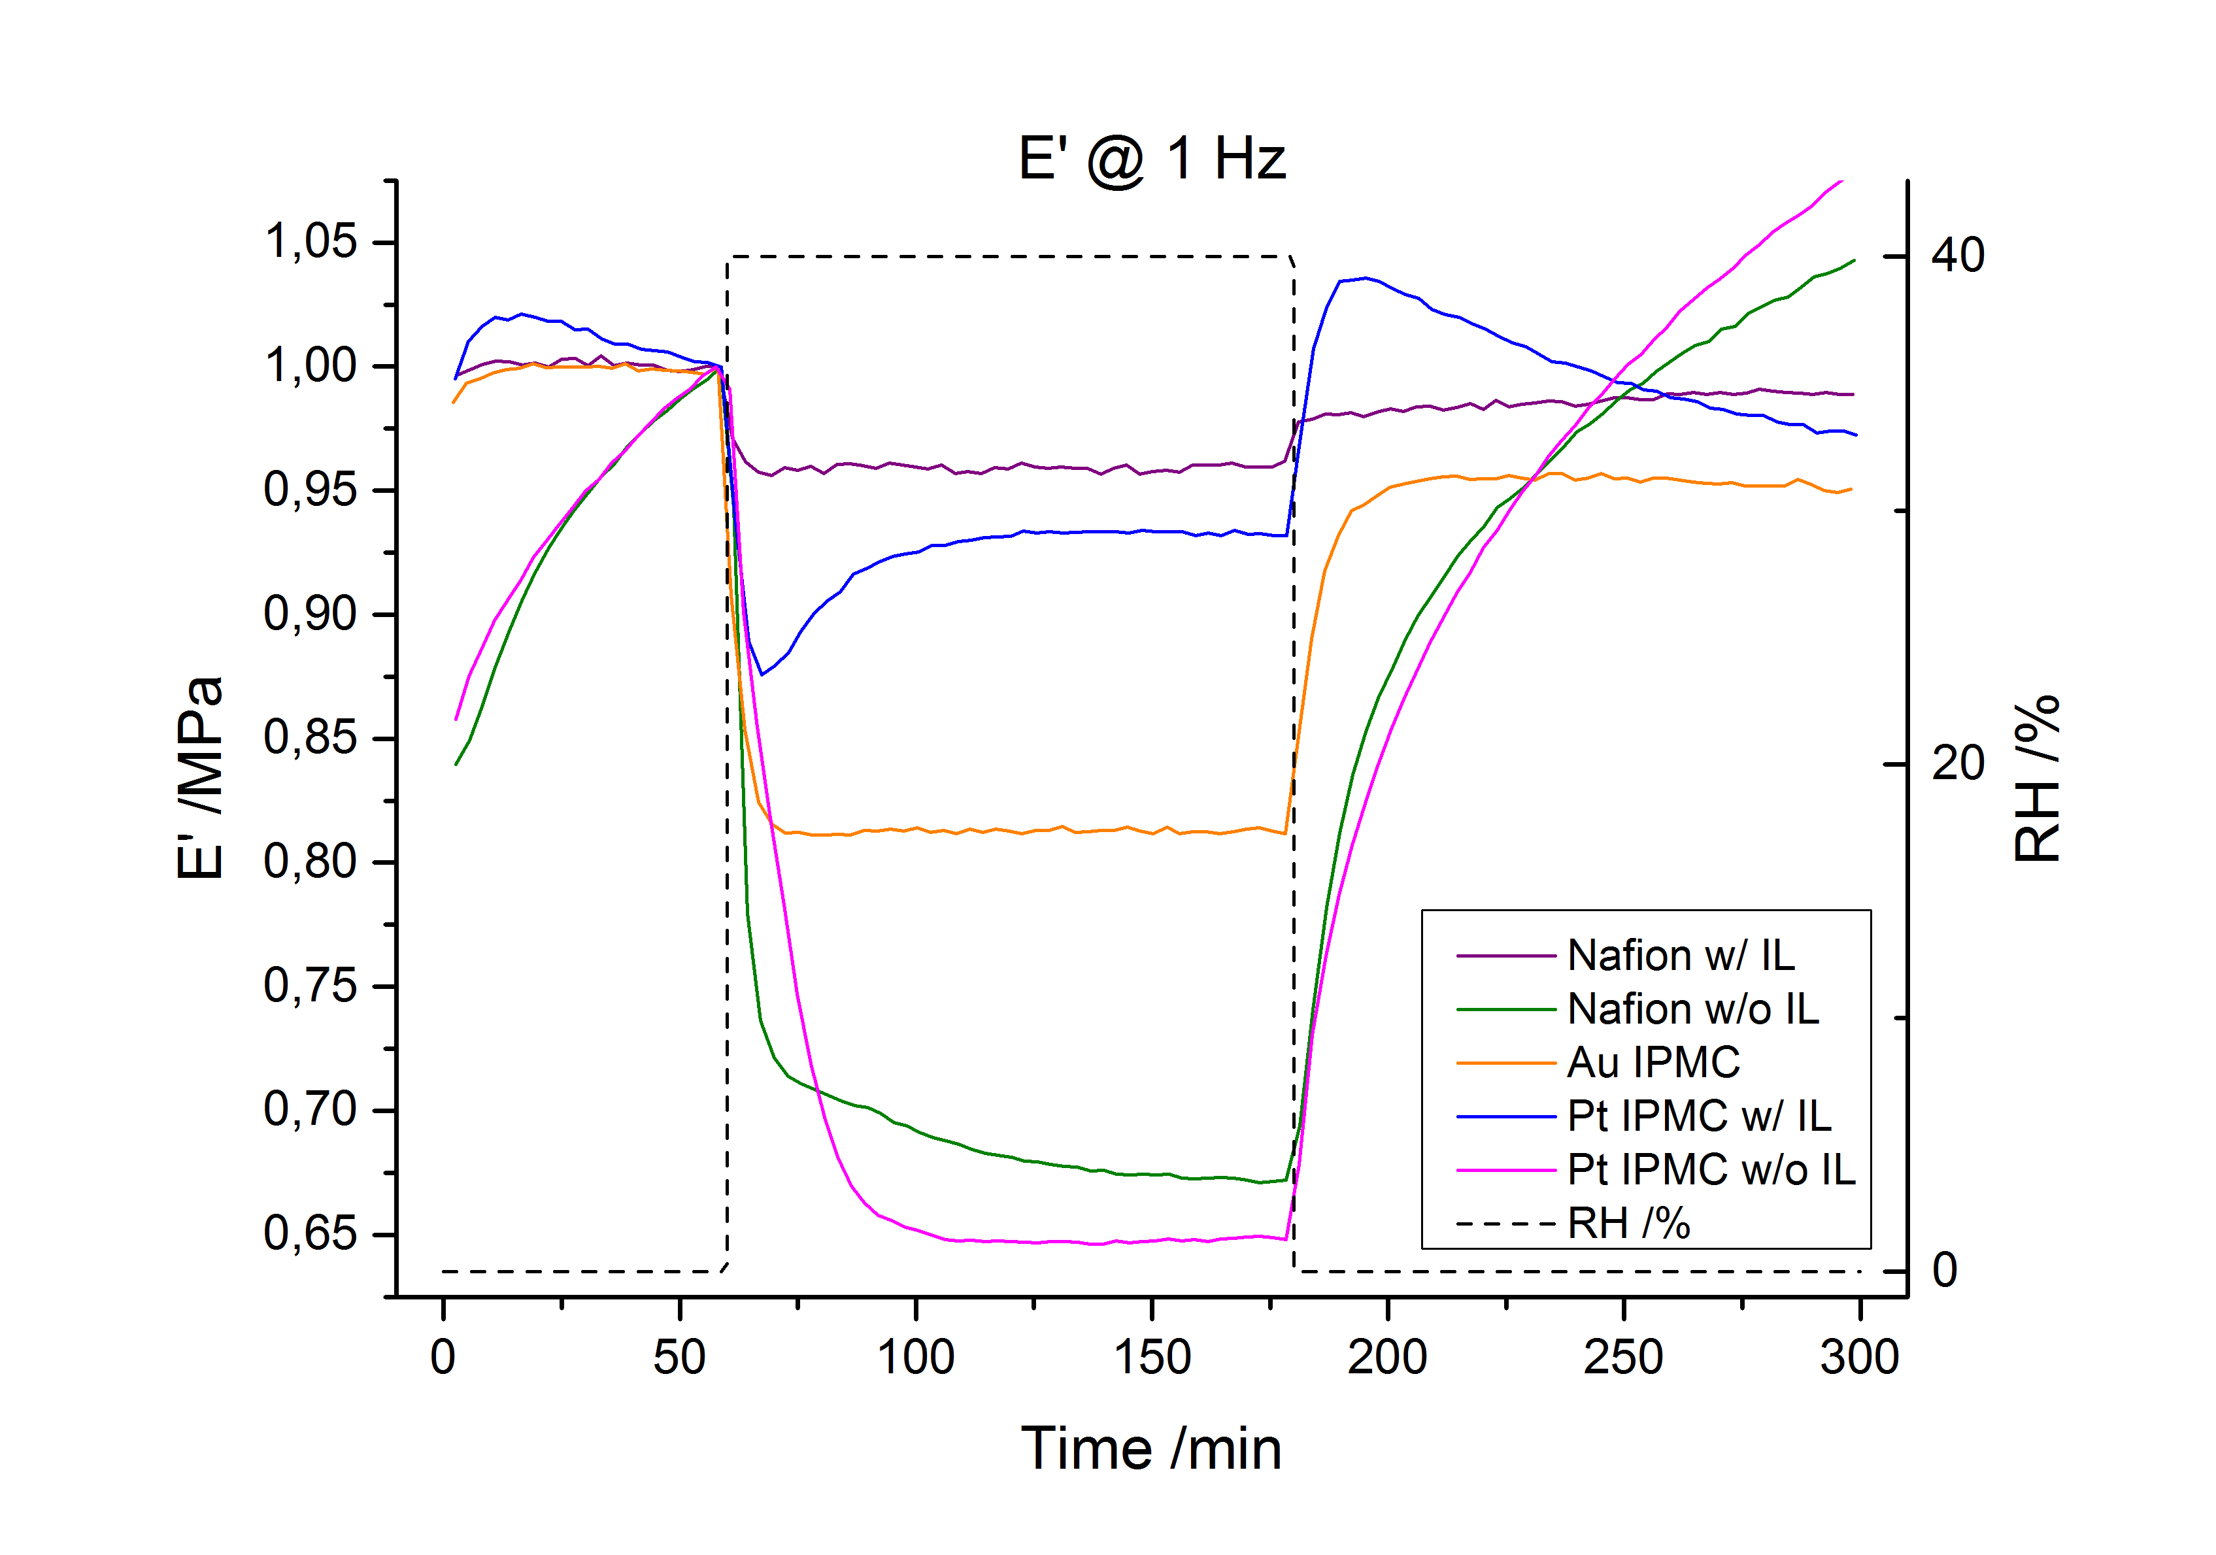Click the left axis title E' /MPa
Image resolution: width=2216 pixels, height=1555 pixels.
[201, 778]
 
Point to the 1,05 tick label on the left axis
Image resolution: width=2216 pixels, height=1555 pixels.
[310, 241]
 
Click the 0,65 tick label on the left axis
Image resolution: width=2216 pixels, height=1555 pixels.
[310, 1233]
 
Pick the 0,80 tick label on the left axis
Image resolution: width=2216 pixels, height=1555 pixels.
[310, 862]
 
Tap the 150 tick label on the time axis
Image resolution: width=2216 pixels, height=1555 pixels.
[1151, 1357]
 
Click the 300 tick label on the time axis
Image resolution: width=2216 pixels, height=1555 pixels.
[1859, 1357]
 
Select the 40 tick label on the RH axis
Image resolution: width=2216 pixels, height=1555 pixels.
[1957, 256]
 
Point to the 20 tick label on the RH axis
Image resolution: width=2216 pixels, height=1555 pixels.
[1957, 763]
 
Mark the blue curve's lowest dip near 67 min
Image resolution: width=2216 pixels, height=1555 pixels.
[762, 674]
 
